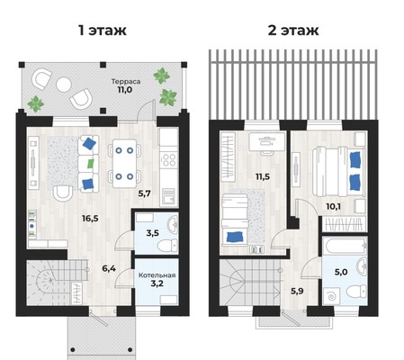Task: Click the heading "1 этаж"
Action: click(103, 31)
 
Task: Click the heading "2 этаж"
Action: click(293, 31)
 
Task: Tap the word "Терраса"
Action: click(126, 81)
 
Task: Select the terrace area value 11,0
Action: click(125, 89)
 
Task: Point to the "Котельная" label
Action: click(157, 275)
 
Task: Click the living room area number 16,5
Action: click(90, 218)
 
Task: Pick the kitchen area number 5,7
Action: click(144, 193)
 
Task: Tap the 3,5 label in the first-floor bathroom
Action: click(152, 233)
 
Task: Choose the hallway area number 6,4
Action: click(109, 268)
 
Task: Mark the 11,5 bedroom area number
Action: click(263, 176)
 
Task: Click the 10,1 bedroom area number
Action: click(334, 206)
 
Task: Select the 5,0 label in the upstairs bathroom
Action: click(341, 272)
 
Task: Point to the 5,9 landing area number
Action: click(297, 291)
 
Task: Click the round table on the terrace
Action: click(64, 85)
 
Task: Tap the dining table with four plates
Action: click(124, 163)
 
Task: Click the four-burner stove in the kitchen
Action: click(168, 159)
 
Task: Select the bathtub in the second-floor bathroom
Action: click(346, 247)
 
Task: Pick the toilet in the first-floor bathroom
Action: click(167, 246)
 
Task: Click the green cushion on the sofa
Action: click(91, 164)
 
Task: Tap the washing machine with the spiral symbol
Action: click(332, 297)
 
